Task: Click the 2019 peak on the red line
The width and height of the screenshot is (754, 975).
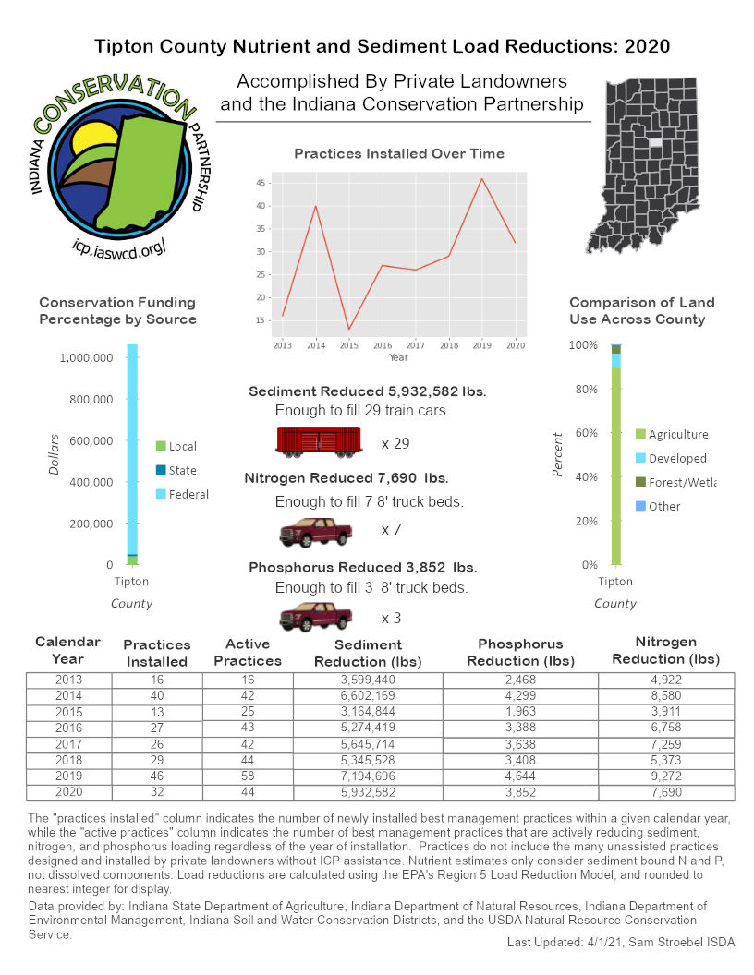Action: [481, 179]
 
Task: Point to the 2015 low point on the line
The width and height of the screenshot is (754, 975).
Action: [349, 330]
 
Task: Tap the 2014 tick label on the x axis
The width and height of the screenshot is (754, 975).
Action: [316, 344]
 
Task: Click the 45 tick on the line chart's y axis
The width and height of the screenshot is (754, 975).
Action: [262, 183]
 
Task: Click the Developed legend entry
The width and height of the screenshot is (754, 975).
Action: [677, 458]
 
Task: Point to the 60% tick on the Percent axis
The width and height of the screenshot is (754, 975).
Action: [585, 433]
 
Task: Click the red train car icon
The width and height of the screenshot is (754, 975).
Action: [318, 441]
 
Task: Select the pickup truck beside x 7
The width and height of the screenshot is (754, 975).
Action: [316, 532]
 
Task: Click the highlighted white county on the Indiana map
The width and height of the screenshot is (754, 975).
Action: [655, 143]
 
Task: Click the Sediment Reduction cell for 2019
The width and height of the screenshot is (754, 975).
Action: [368, 776]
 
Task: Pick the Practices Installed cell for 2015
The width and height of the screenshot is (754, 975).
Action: [156, 714]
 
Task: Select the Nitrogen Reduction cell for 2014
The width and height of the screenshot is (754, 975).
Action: [666, 697]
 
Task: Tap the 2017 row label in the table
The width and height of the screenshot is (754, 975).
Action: [68, 745]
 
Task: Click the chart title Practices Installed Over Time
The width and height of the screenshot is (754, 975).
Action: [399, 154]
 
